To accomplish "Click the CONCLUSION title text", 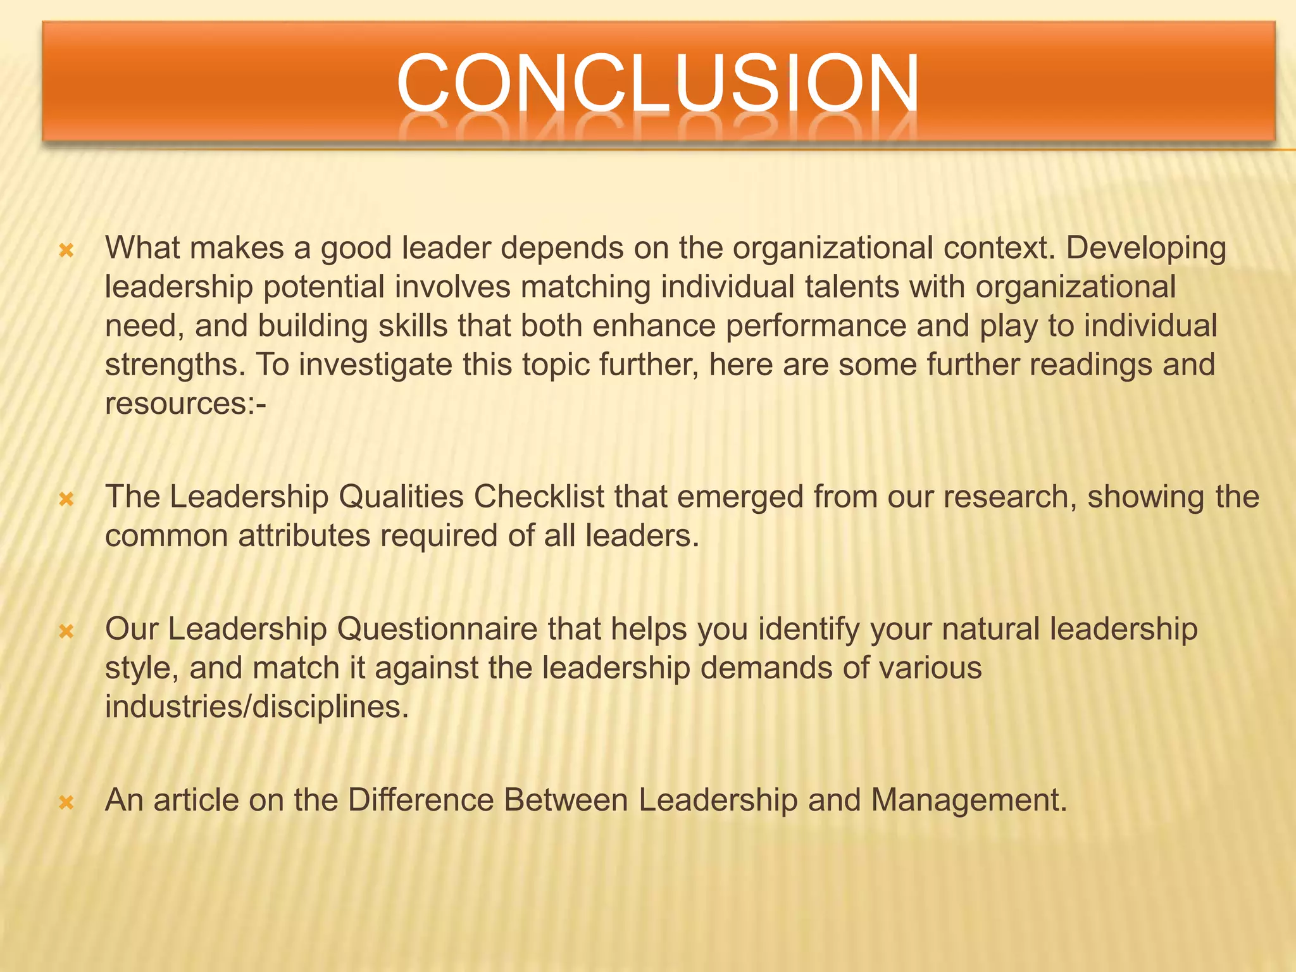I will (x=657, y=84).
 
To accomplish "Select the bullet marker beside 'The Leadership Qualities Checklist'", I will (x=66, y=501).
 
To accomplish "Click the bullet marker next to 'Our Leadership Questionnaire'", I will (x=66, y=632).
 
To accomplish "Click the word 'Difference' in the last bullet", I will (x=420, y=800).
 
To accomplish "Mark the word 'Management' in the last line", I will (x=969, y=800).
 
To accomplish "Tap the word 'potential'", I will (x=324, y=288).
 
